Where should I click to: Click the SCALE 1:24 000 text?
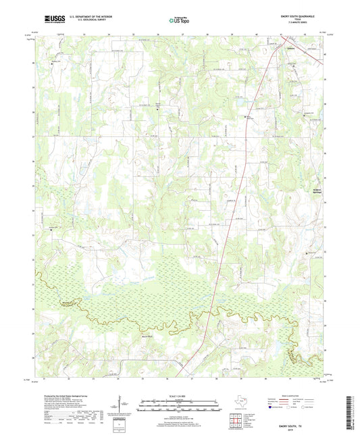click(x=180, y=396)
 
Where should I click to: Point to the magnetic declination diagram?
click(x=122, y=408)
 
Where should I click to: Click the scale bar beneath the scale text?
click(x=180, y=407)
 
